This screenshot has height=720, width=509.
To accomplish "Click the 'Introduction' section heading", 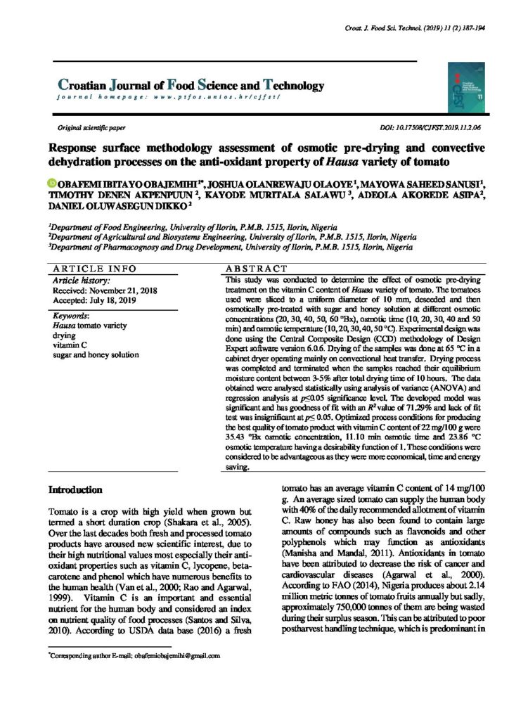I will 75,489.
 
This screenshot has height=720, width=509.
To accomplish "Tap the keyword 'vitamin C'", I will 71,345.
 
